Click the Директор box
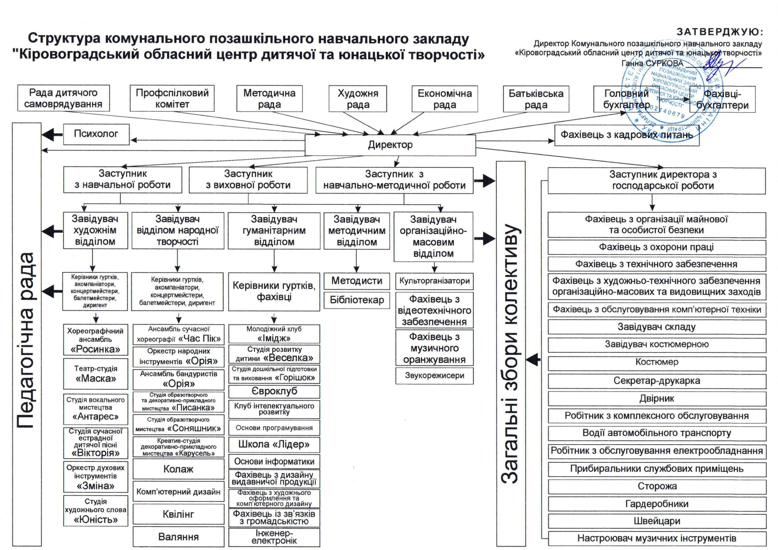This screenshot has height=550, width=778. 390,145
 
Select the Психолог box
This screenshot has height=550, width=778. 96,134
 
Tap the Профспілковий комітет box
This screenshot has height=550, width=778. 172,98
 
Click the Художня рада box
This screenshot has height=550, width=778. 358,99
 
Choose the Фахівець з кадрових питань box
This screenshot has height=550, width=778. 626,135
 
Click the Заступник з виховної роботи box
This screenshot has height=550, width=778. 248,180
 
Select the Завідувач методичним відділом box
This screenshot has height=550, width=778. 356,231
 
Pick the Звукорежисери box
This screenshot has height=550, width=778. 434,375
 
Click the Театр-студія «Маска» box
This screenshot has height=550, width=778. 96,374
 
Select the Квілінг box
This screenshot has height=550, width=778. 178,514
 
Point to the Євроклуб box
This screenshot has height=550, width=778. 274,391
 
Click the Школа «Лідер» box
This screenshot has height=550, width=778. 274,444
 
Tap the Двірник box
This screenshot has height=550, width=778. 657,399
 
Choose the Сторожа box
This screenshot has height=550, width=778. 657,486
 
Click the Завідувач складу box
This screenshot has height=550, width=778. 657,327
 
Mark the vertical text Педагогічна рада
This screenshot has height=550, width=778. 26,339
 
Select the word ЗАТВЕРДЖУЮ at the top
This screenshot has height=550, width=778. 719,32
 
